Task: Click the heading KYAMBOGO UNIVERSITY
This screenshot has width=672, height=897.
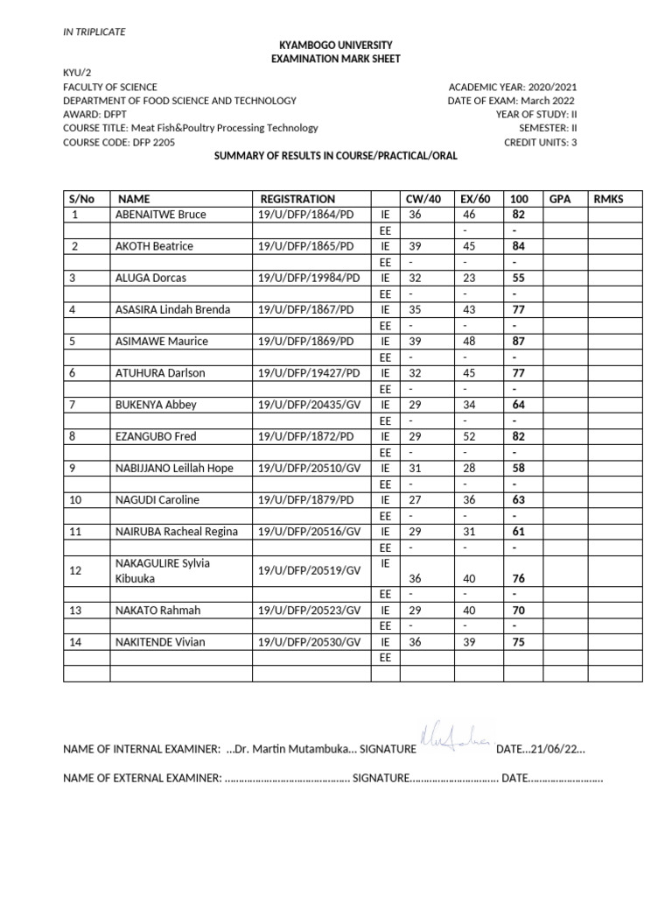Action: pos(336,45)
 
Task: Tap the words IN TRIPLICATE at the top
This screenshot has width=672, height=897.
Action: pos(94,32)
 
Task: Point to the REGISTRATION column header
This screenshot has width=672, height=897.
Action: pos(297,199)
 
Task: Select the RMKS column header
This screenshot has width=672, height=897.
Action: pos(608,199)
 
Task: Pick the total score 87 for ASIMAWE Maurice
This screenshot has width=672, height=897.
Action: pos(518,341)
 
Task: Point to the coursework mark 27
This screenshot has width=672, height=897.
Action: pos(415,499)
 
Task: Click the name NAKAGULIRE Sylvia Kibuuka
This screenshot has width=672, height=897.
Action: pos(163,570)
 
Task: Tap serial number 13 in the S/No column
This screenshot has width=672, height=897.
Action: pos(75,611)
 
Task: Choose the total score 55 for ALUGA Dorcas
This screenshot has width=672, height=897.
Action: pos(518,278)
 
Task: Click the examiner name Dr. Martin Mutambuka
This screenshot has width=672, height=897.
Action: pos(289,750)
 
